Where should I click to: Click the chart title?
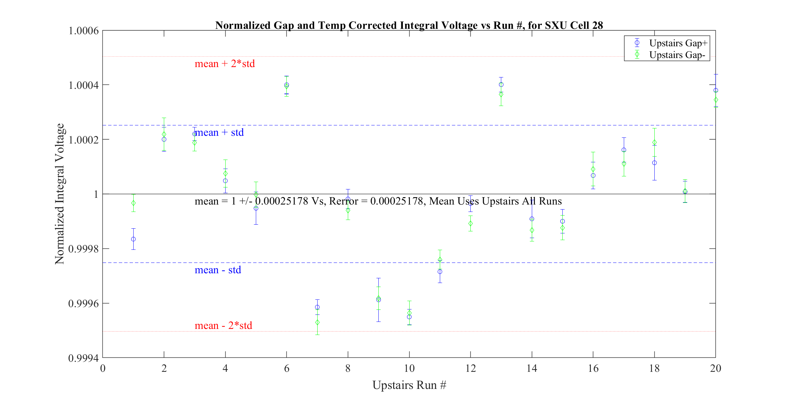coord(409,25)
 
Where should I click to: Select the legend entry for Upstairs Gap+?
coord(678,43)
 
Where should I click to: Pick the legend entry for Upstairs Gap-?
coord(677,55)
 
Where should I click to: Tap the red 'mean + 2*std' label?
coord(225,64)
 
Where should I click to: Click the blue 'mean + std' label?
coord(219,132)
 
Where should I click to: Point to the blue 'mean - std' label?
coord(218,270)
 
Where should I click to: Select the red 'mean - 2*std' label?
coord(223,325)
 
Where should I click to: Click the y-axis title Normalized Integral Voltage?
coord(59,194)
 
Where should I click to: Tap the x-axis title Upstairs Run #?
coord(409,385)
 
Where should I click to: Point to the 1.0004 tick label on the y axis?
coord(84,85)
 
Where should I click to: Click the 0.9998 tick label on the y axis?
coord(84,249)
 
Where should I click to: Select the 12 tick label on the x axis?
coord(470,368)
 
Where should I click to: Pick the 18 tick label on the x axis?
coord(654,368)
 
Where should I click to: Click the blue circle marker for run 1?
coord(133,239)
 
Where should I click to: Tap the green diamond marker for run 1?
coord(133,203)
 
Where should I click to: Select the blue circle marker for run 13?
coord(501,85)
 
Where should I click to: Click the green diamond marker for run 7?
coord(317,323)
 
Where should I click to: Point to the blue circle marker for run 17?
coord(623,150)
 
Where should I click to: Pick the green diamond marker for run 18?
coord(654,142)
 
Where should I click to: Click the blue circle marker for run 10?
coord(409,317)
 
